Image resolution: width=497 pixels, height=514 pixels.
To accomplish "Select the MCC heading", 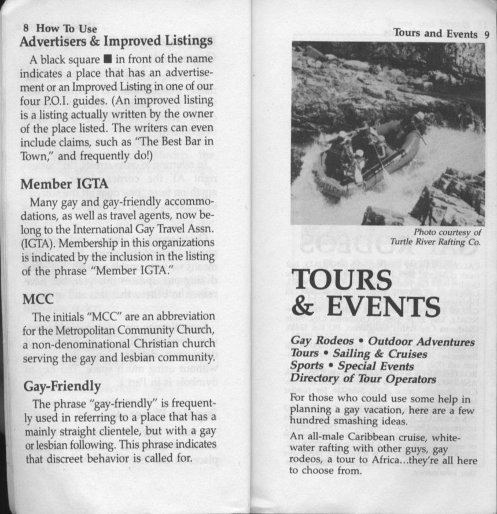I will tap(38, 299).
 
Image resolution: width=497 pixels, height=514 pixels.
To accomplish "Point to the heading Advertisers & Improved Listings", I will tap(116, 41).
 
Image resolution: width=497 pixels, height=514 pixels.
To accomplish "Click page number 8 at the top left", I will tap(26, 28).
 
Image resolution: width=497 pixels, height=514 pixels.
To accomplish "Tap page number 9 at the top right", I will tap(487, 34).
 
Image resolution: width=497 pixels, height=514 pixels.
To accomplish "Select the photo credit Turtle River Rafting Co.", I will tap(435, 241).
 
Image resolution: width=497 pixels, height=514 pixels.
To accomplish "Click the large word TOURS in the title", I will tap(341, 281).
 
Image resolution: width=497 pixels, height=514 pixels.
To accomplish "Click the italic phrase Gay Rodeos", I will tap(322, 341).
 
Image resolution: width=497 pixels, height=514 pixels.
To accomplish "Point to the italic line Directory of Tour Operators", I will tap(363, 379).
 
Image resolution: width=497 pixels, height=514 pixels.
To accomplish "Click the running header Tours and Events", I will tap(436, 33).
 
